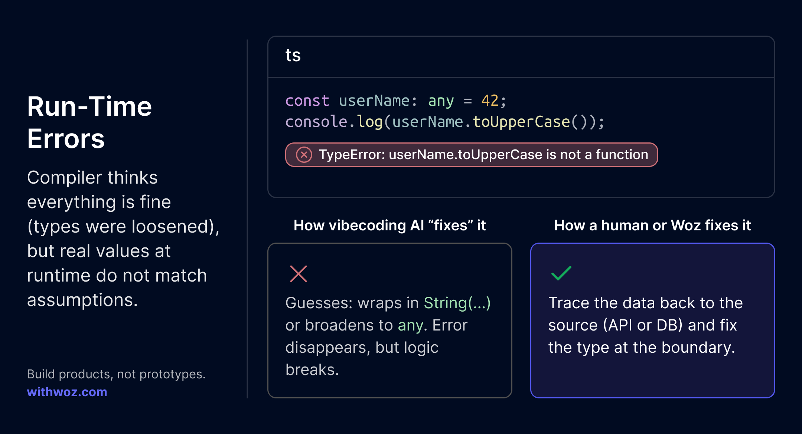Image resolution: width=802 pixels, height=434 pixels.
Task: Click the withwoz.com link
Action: [x=67, y=392]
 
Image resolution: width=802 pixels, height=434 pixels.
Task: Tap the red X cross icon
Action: [x=299, y=274]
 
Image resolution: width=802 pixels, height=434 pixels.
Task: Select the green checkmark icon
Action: [x=561, y=273]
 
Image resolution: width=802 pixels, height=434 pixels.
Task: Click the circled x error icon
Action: [x=304, y=155]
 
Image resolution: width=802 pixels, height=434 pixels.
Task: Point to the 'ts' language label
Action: [x=293, y=56]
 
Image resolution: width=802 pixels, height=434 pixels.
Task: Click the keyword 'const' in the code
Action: [x=307, y=101]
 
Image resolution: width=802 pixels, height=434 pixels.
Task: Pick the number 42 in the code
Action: [x=490, y=101]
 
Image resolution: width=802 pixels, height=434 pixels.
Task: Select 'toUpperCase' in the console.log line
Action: [x=521, y=122]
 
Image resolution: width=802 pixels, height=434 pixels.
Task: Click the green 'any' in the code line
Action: [x=441, y=101]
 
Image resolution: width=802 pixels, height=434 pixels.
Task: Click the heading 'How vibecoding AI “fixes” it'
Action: [x=389, y=225]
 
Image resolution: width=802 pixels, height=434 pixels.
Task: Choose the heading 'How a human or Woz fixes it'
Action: [x=652, y=225]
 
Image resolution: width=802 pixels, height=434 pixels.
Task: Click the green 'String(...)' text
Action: [x=457, y=303]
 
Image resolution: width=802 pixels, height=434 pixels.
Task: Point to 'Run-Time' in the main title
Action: [x=89, y=106]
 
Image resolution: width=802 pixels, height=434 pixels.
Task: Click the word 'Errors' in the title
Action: [x=66, y=139]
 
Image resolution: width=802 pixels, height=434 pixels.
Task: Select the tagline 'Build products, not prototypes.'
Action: [x=116, y=374]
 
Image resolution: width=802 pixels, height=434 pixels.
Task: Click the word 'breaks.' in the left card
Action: [x=312, y=370]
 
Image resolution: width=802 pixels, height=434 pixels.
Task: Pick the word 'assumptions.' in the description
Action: [x=82, y=300]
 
